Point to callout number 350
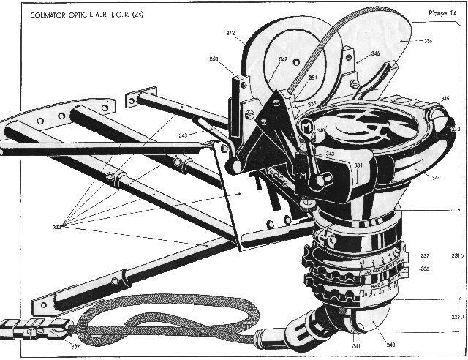click(214, 59)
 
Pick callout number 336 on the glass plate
click(427, 42)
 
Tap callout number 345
click(445, 97)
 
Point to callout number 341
click(336, 345)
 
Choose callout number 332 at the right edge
click(456, 317)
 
